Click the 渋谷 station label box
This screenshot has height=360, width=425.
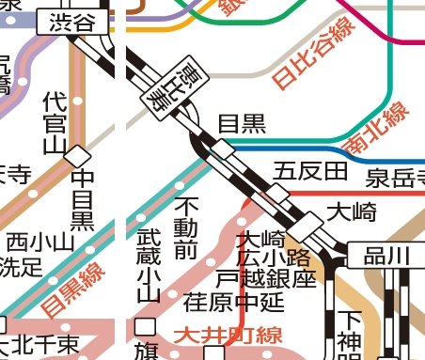(71, 24)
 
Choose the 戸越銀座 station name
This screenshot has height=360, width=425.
(264, 278)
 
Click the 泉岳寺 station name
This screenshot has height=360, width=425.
(395, 175)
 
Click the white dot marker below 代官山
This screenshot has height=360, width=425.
(78, 98)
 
